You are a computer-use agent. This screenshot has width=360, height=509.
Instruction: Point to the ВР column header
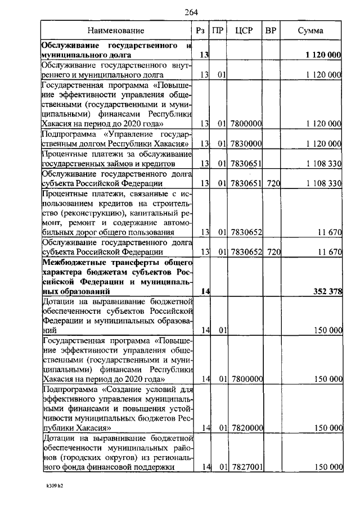[271, 31]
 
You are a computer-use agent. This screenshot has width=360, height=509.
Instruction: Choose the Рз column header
[200, 31]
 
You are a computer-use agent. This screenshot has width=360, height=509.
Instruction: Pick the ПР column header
[218, 31]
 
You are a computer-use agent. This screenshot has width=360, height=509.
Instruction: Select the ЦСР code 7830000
[246, 144]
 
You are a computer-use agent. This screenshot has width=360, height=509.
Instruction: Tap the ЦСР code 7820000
[246, 428]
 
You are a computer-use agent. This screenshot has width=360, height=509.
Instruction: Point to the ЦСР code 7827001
[246, 467]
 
